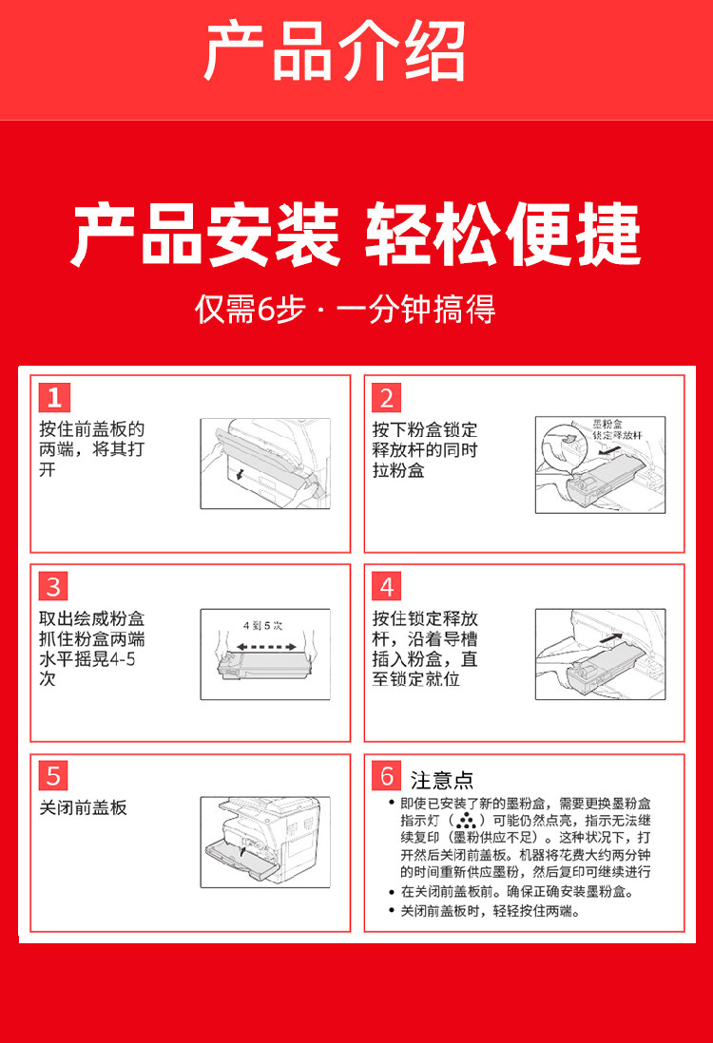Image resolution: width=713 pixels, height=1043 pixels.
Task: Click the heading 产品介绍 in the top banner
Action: (x=335, y=51)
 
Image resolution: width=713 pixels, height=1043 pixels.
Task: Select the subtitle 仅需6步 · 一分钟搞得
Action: (x=345, y=310)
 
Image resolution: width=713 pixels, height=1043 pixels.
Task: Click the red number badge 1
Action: (x=54, y=398)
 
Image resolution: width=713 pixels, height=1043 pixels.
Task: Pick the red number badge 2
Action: (x=387, y=398)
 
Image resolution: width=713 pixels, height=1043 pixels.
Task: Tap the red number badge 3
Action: (x=54, y=587)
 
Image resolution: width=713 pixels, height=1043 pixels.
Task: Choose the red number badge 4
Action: (x=387, y=587)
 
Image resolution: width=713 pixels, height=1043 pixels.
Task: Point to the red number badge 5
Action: (x=54, y=775)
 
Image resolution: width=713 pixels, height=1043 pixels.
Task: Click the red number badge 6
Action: (x=387, y=775)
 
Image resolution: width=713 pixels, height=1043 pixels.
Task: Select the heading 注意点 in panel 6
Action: (x=442, y=780)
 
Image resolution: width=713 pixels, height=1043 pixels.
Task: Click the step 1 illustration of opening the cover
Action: (x=265, y=464)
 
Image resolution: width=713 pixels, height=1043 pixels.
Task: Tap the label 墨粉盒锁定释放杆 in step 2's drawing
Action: (x=617, y=429)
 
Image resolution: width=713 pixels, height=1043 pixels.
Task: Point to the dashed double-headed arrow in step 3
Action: (x=266, y=647)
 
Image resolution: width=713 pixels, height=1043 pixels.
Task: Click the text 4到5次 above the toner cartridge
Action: (x=263, y=625)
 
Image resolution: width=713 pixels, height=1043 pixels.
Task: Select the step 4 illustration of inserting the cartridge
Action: (x=601, y=654)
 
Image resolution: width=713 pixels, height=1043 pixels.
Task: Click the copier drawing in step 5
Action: (x=265, y=843)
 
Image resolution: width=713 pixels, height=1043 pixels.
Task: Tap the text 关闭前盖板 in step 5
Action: (x=84, y=807)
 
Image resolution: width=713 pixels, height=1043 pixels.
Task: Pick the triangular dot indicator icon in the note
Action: (x=466, y=820)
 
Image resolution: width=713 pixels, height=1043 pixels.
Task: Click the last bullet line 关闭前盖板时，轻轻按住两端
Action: (x=491, y=911)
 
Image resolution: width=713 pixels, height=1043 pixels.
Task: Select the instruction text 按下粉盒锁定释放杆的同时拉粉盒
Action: (x=425, y=449)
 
